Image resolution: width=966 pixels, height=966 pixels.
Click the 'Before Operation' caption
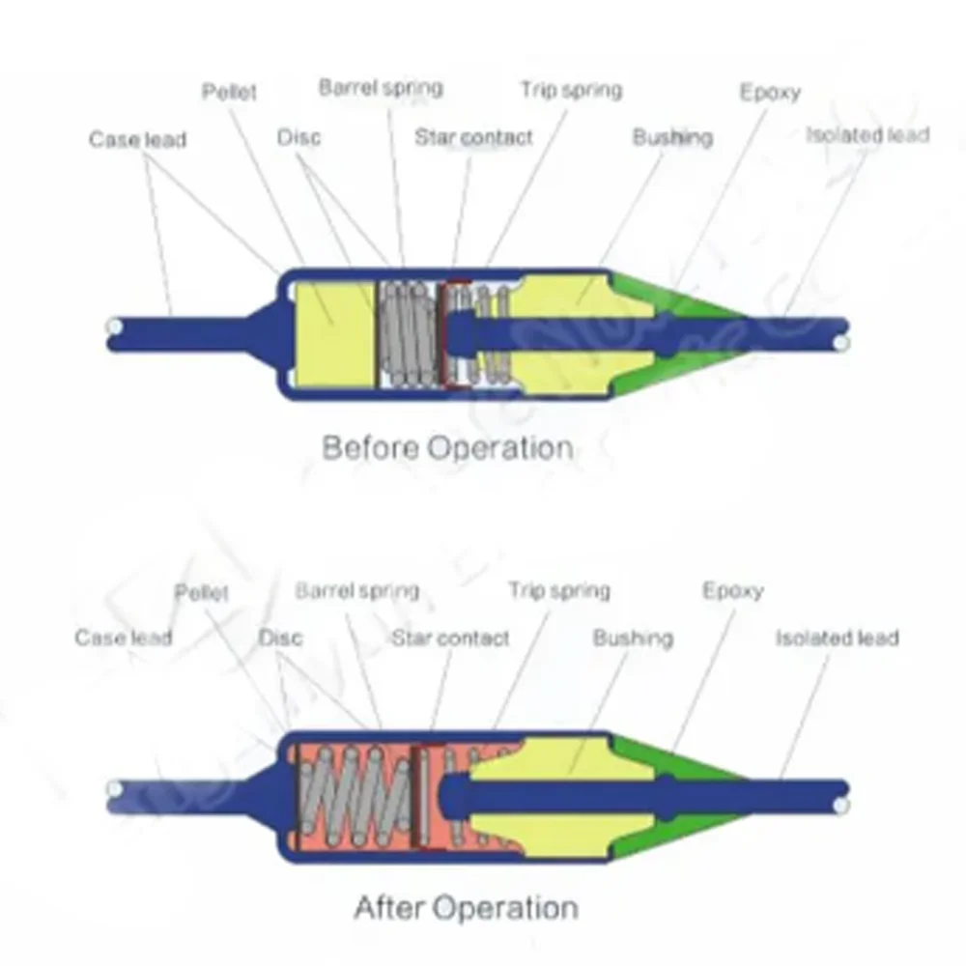point(446,448)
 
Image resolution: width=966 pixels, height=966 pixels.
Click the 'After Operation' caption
point(467,908)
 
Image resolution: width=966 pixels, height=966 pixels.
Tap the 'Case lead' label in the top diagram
point(137,139)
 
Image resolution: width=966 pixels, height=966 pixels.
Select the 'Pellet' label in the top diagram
point(229,93)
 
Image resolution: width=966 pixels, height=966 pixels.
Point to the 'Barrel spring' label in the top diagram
point(381,87)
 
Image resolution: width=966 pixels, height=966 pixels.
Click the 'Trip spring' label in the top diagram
point(571,90)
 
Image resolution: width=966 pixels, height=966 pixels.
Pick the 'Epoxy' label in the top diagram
point(770,92)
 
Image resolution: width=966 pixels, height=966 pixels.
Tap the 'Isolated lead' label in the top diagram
point(867,134)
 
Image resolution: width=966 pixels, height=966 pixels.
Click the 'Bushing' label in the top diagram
point(672,137)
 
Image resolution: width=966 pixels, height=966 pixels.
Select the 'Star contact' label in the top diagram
point(473,137)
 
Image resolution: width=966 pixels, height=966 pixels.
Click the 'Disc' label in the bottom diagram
point(280,638)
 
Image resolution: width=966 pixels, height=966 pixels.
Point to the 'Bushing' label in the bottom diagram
point(633,638)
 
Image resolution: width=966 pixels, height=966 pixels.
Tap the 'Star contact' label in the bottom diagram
point(450,638)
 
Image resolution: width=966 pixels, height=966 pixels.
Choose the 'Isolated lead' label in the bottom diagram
point(837,638)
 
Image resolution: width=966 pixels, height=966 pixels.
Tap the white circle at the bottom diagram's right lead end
point(841,804)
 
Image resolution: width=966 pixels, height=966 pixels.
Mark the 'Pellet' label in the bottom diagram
point(202,591)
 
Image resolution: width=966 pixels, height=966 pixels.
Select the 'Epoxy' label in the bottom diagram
point(732,590)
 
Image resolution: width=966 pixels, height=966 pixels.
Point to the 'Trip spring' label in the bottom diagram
point(559,590)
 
